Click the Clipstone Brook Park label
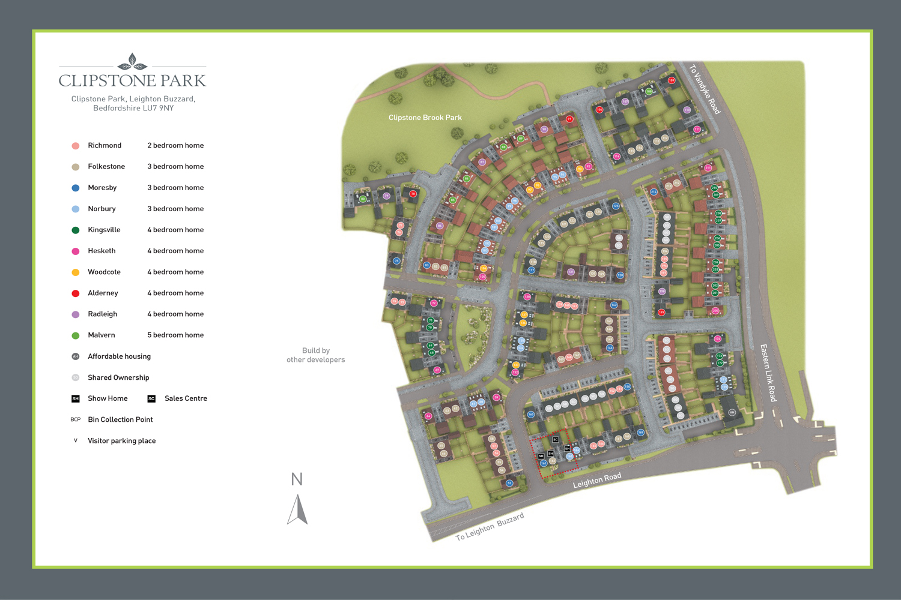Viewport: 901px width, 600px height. click(425, 118)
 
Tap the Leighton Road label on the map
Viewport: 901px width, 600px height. click(596, 481)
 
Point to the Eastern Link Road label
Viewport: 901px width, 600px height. click(768, 373)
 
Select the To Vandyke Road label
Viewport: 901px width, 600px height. click(704, 89)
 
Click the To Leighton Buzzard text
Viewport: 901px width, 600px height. click(490, 527)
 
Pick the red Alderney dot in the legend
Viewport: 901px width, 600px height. click(76, 293)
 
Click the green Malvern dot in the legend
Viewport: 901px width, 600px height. click(76, 335)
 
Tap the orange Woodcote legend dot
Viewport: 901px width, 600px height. click(76, 272)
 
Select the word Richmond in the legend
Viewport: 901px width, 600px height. click(105, 146)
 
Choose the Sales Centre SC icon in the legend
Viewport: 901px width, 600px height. click(151, 398)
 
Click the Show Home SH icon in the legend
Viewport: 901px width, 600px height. click(76, 398)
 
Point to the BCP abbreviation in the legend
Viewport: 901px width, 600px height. click(76, 419)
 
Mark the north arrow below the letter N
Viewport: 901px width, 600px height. click(297, 509)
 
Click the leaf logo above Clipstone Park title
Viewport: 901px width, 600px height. click(132, 62)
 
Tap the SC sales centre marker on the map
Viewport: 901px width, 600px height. click(556, 440)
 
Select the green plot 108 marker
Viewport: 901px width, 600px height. click(649, 92)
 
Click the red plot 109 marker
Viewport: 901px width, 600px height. click(672, 80)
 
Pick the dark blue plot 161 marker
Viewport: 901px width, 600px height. click(544, 463)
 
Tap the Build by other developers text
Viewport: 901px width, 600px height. click(315, 355)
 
